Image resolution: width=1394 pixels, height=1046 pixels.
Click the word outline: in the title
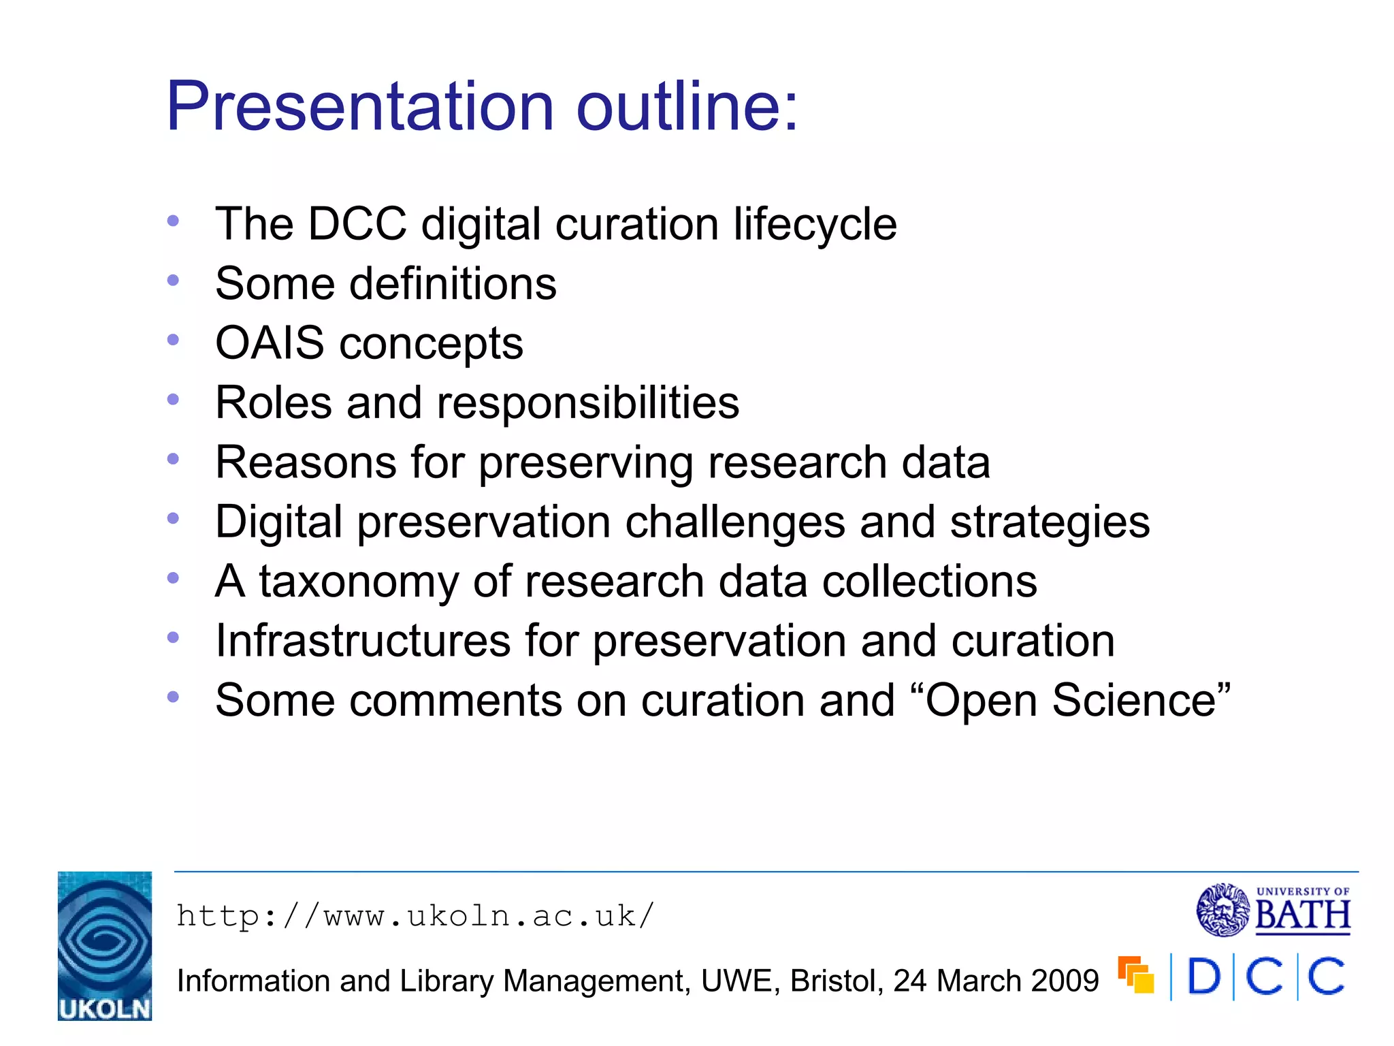click(687, 107)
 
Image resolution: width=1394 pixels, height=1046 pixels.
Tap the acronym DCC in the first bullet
click(357, 224)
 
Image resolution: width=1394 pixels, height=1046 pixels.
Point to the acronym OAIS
click(270, 343)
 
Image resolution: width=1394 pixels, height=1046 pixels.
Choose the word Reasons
click(306, 463)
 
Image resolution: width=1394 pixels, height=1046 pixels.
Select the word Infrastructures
click(363, 641)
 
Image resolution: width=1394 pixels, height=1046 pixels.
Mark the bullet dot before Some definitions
click(173, 280)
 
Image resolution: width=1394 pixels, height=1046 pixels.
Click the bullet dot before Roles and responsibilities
click(173, 399)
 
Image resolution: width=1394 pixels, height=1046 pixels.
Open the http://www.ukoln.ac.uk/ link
click(415, 916)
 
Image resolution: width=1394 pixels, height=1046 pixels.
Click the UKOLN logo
click(105, 946)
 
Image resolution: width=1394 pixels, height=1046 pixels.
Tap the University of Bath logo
click(1273, 910)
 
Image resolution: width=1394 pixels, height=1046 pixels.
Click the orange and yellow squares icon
click(1136, 975)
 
